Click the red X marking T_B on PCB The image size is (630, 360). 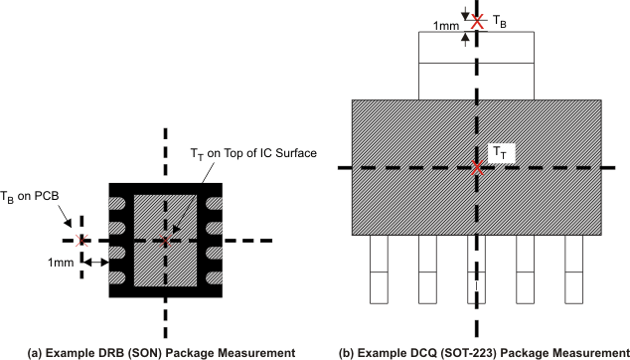click(83, 240)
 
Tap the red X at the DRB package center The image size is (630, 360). click(166, 240)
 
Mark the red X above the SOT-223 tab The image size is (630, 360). click(478, 20)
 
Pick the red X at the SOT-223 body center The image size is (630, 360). click(478, 169)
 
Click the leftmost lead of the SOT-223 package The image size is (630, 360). click(383, 271)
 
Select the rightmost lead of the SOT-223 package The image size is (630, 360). click(573, 271)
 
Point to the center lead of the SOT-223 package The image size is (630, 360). click(478, 271)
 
